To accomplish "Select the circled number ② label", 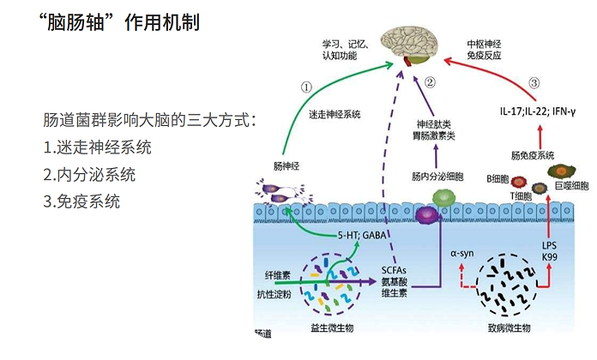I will (431, 83).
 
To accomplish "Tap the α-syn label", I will (463, 255).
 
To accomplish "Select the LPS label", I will (550, 245).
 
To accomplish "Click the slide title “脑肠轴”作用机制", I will (120, 23).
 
